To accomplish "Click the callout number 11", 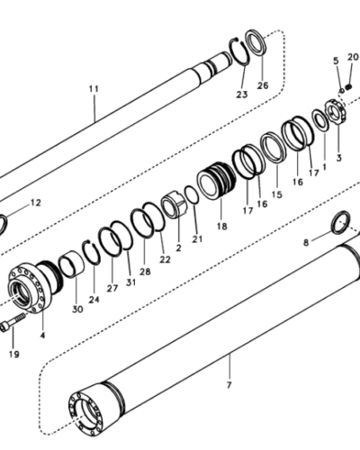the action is tap(94, 89).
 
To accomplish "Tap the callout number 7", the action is tap(229, 385).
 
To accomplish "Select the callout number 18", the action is tap(222, 226).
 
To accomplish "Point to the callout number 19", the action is tap(14, 354).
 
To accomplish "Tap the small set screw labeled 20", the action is tap(348, 86).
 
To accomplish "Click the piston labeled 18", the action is tap(216, 181).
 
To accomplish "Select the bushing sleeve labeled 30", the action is tap(71, 264).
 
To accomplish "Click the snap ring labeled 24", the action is tap(92, 253).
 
